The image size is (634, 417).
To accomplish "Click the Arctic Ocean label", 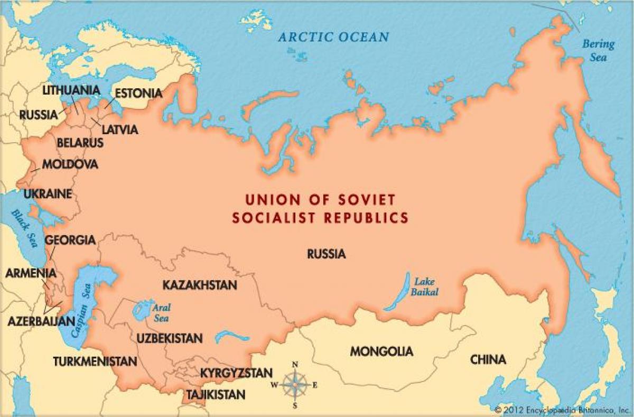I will pyautogui.click(x=333, y=37).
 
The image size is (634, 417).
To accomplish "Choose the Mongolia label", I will pyautogui.click(x=381, y=351).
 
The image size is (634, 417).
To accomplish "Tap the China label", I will pyautogui.click(x=488, y=360).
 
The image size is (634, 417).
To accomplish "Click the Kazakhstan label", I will pyautogui.click(x=199, y=285).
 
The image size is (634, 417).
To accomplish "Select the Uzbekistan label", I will pyautogui.click(x=169, y=338).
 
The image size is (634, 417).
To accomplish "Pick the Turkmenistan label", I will pyautogui.click(x=95, y=362).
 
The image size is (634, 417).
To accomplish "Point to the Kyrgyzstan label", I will pyautogui.click(x=236, y=373).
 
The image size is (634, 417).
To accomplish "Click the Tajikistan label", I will pyautogui.click(x=215, y=394).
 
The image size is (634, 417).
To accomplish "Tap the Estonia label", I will pyautogui.click(x=138, y=93).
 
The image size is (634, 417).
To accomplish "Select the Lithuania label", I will pyautogui.click(x=71, y=90).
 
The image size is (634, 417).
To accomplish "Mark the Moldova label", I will pyautogui.click(x=70, y=164).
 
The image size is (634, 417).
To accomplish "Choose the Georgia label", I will pyautogui.click(x=70, y=240).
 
